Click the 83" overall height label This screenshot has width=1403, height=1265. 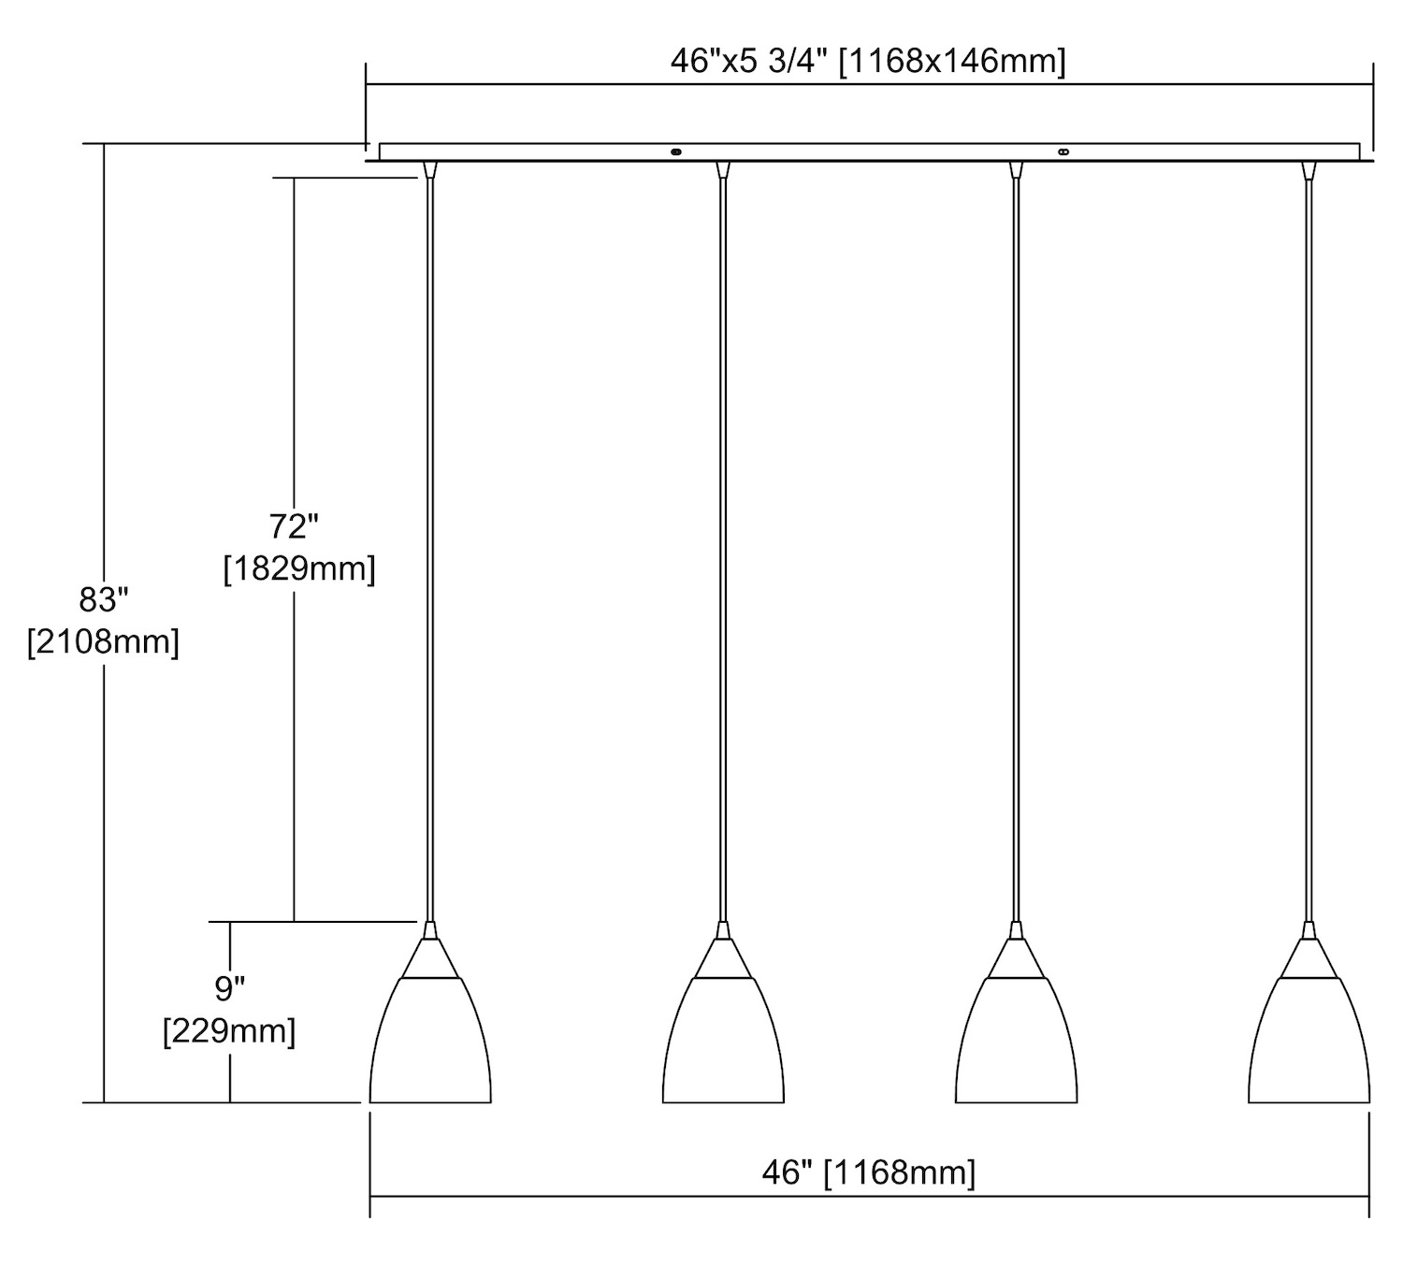pos(104,600)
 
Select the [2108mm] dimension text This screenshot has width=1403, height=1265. pos(104,642)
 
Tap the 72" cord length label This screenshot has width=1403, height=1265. pos(294,526)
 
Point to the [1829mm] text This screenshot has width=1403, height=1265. pos(299,569)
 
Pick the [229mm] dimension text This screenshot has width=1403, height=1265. pos(229,1030)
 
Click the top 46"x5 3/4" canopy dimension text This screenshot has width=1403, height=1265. pos(868,63)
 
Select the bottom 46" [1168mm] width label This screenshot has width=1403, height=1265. pos(869,1172)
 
